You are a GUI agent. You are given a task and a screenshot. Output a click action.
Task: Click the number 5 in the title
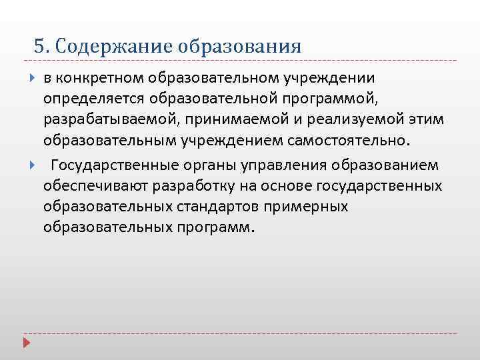39,47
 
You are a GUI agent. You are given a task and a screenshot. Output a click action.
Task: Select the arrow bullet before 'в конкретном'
33,79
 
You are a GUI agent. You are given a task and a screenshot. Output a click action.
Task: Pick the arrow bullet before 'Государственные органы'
33,165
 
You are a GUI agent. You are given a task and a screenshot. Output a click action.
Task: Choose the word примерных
306,206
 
